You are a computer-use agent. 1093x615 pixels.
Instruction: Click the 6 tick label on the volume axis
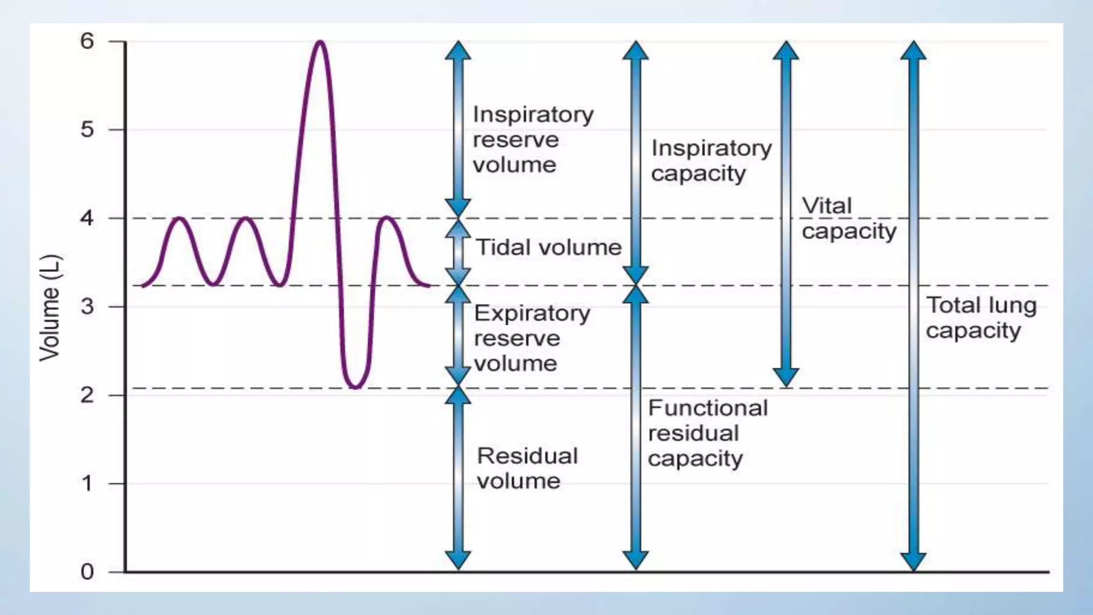click(x=87, y=41)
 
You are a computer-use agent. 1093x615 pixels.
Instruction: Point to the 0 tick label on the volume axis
click(x=87, y=572)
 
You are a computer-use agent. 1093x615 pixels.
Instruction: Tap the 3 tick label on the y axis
click(x=87, y=306)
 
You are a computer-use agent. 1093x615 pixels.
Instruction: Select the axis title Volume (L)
click(x=50, y=307)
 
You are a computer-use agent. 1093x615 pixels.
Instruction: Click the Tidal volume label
click(x=549, y=248)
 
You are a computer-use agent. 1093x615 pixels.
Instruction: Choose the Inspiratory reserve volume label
click(x=532, y=139)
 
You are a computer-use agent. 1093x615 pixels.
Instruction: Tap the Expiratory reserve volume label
click(x=531, y=338)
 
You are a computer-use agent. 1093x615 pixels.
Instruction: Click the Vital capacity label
click(x=849, y=218)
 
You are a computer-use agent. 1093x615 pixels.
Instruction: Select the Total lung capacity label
click(x=980, y=318)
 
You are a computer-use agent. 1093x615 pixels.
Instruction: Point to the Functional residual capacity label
click(x=707, y=433)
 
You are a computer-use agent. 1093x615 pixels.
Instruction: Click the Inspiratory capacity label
click(x=711, y=161)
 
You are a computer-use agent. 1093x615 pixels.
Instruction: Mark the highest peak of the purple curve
click(x=320, y=42)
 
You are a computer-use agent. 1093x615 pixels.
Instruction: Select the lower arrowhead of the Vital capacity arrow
click(x=786, y=377)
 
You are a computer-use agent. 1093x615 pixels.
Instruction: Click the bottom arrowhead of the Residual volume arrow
click(x=458, y=560)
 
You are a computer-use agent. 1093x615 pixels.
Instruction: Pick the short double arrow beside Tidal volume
click(x=458, y=252)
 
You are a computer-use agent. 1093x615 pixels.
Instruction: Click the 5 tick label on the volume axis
click(x=87, y=130)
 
